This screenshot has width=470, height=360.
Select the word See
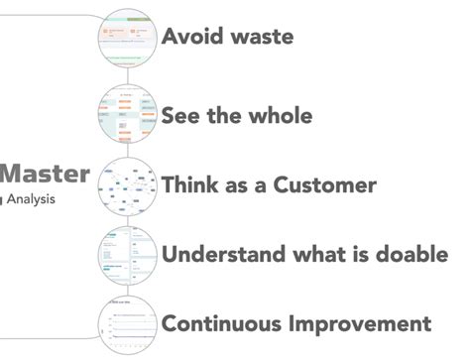click(x=183, y=115)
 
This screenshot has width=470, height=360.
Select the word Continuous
click(x=220, y=323)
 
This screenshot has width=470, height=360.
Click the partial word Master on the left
click(x=45, y=175)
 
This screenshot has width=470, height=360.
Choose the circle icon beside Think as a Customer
click(x=128, y=186)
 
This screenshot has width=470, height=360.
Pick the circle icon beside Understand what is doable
click(x=128, y=255)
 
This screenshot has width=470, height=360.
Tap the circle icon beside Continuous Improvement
click(x=128, y=323)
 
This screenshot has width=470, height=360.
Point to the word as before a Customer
click(x=247, y=185)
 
